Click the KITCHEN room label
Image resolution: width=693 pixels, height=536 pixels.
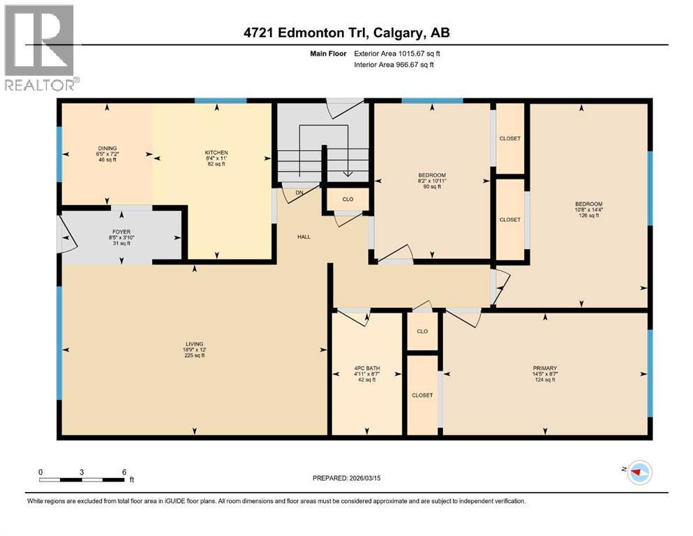(216, 153)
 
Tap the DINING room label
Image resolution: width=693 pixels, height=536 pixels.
(107, 148)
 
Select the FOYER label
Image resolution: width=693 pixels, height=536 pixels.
(121, 232)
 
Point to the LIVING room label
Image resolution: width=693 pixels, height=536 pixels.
(193, 344)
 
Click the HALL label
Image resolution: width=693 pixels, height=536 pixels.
(304, 237)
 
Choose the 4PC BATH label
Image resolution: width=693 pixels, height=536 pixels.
(366, 368)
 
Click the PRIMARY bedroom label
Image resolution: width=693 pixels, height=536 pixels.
(545, 368)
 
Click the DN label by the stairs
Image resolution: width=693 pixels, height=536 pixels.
(299, 193)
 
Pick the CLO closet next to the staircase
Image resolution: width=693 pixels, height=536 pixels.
(348, 199)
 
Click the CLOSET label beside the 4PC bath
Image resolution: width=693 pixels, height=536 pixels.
(422, 395)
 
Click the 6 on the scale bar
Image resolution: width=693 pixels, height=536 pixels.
(124, 472)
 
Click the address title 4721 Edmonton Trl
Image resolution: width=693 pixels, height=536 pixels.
(346, 33)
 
